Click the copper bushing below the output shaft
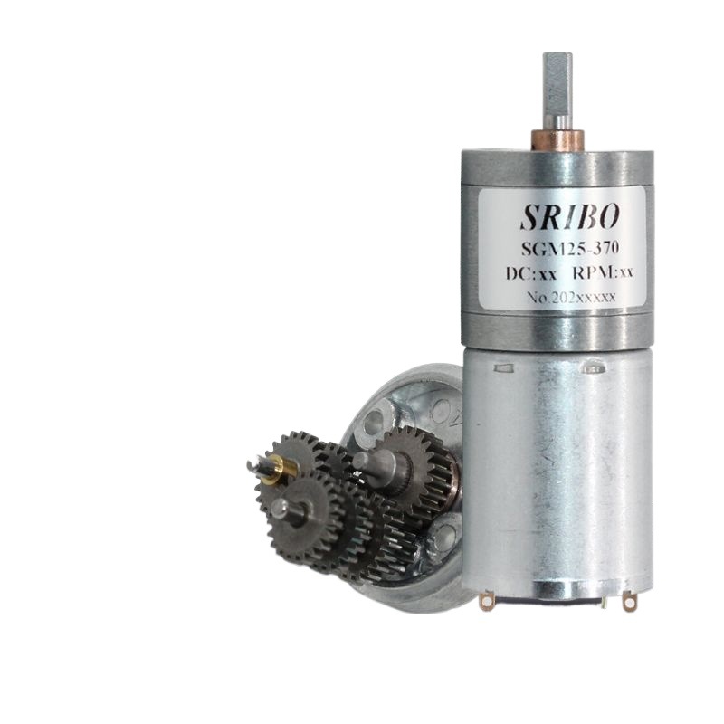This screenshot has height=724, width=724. pyautogui.click(x=557, y=139)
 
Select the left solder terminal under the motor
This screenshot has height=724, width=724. pyautogui.click(x=487, y=599)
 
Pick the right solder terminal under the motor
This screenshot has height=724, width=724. pyautogui.click(x=629, y=600)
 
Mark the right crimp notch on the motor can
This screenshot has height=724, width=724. pyautogui.click(x=595, y=368)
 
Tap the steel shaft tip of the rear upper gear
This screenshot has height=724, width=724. pyautogui.click(x=363, y=460)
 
